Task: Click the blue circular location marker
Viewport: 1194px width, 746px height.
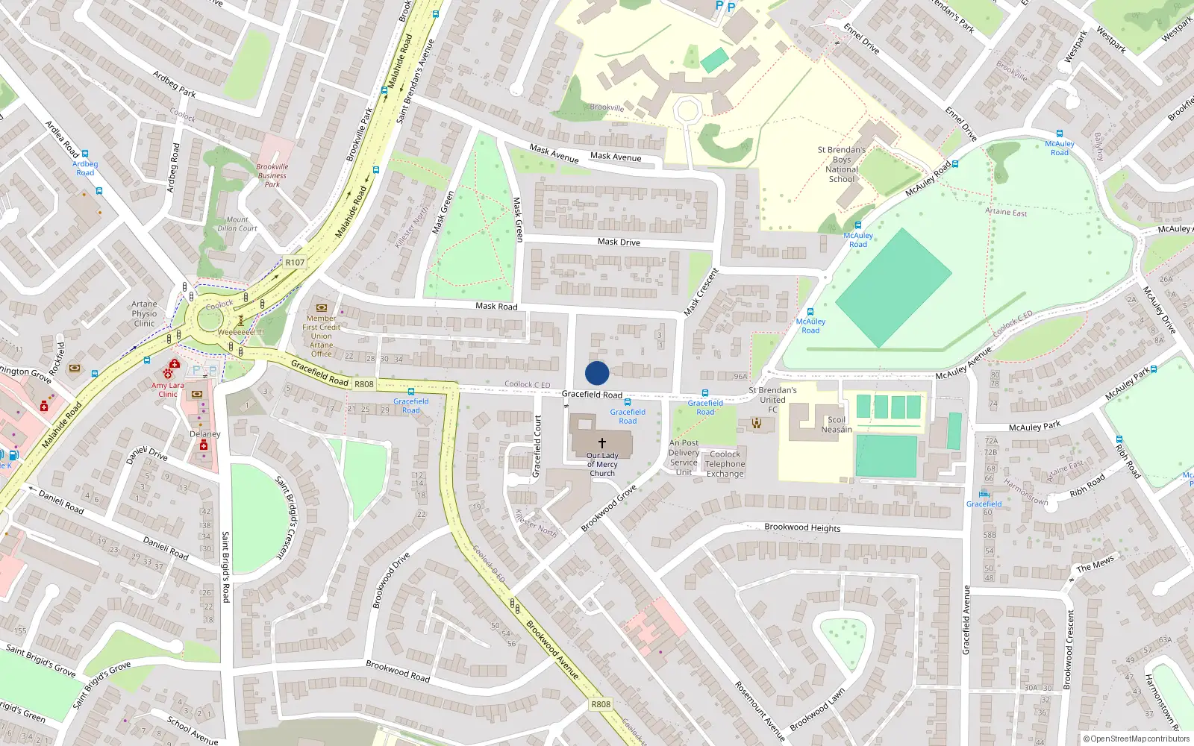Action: tap(597, 373)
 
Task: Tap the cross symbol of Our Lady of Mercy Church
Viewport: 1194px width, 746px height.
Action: tap(602, 443)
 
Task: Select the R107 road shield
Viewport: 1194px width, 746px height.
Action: tap(295, 263)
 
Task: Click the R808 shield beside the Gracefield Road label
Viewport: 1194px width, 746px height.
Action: tap(364, 384)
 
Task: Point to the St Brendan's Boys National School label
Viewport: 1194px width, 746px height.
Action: tap(842, 164)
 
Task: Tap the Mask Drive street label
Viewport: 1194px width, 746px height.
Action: tap(619, 242)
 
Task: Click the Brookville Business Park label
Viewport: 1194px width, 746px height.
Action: tap(272, 175)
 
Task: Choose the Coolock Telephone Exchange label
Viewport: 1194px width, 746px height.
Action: tap(725, 463)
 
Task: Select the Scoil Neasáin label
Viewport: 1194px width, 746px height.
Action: tap(837, 424)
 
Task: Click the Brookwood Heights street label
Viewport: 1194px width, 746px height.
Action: tap(802, 527)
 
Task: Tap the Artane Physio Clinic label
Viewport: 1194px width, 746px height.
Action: tap(144, 313)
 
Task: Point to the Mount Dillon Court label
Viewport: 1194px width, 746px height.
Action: tap(237, 224)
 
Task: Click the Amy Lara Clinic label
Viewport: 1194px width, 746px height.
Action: tap(167, 389)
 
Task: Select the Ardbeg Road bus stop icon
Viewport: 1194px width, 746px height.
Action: tap(85, 154)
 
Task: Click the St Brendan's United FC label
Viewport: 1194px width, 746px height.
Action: tap(772, 399)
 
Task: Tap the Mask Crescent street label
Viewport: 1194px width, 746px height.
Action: tap(701, 291)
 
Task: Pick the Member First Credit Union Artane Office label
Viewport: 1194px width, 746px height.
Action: tap(322, 336)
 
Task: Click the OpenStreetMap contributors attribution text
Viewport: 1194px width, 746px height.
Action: tap(1140, 739)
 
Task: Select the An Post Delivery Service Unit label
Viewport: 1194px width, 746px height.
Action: tap(684, 457)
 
